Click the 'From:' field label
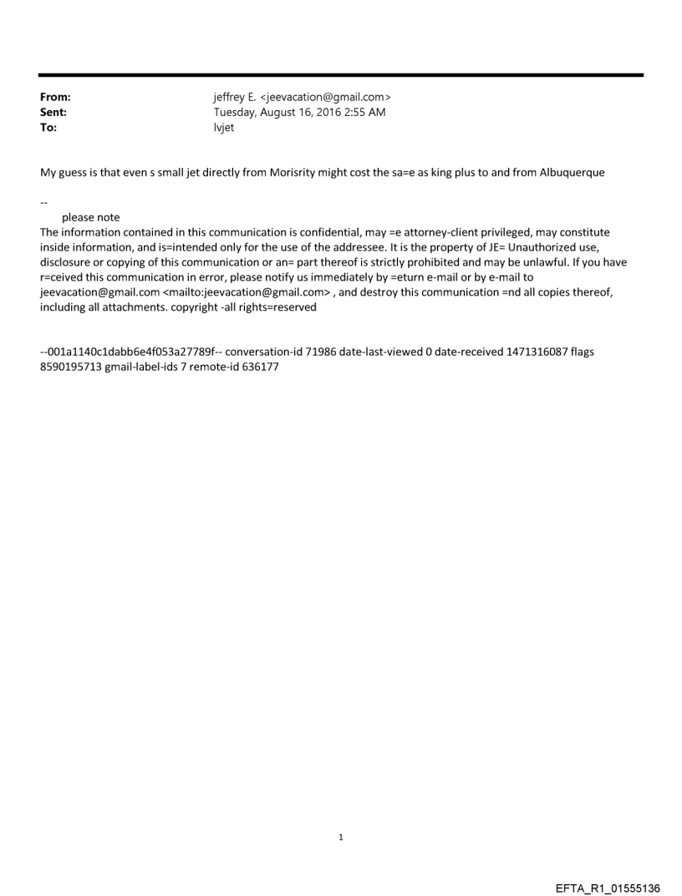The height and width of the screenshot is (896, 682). pyautogui.click(x=55, y=98)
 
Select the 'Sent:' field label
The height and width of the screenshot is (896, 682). pyautogui.click(x=53, y=113)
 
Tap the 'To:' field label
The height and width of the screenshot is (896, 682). pyautogui.click(x=49, y=128)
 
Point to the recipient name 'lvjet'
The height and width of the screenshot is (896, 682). pyautogui.click(x=224, y=128)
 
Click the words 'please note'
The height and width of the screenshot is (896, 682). pyautogui.click(x=90, y=218)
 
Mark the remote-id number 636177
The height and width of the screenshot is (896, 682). pyautogui.click(x=254, y=367)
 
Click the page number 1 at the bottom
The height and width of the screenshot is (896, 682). pyautogui.click(x=341, y=837)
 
